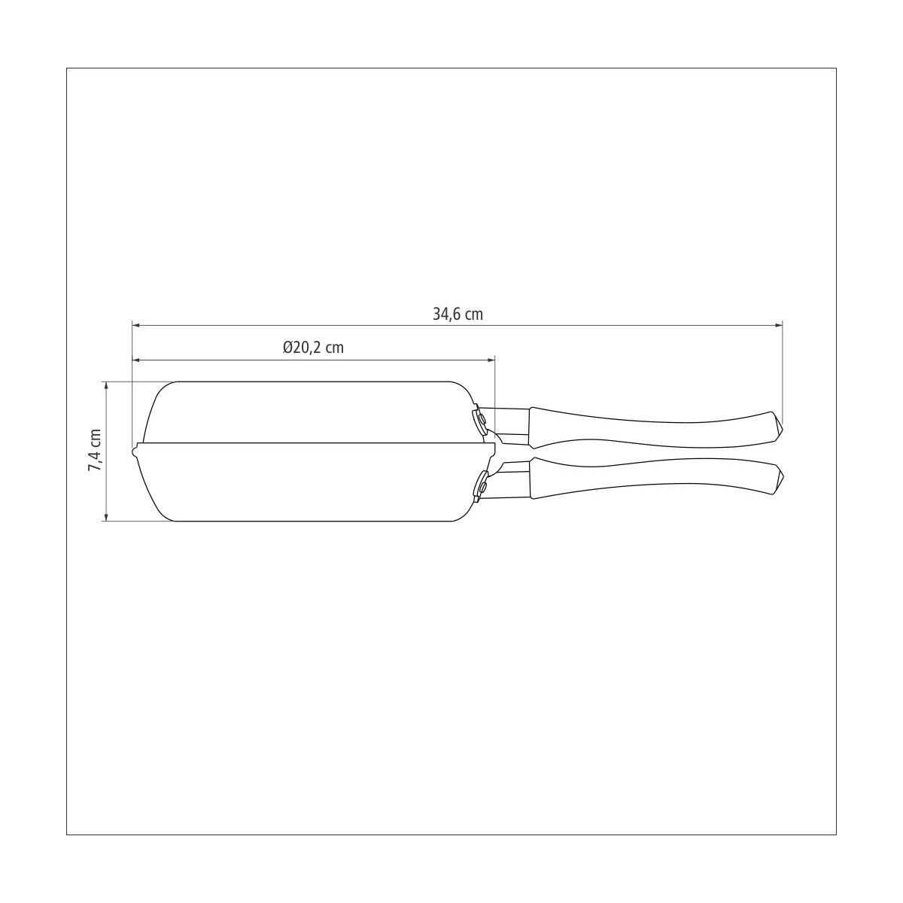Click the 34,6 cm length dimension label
click(458, 314)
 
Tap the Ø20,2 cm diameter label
click(313, 347)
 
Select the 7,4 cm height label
click(95, 450)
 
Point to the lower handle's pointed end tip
click(783, 479)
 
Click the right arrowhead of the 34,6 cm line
click(779, 325)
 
